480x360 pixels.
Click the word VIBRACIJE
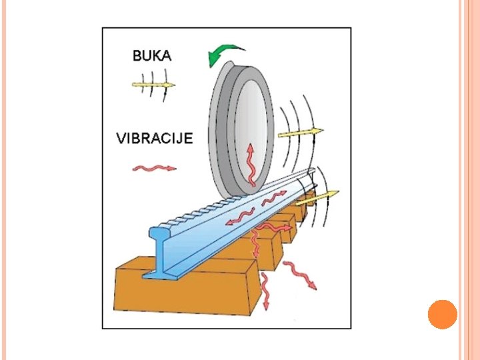(155, 139)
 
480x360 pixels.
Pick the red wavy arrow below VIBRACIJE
(154, 168)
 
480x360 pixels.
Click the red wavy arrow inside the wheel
(251, 163)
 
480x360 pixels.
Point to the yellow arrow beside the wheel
(300, 133)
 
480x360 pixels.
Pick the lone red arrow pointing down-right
(301, 275)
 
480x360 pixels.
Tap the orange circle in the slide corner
(442, 315)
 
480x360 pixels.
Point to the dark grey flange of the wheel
(217, 133)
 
